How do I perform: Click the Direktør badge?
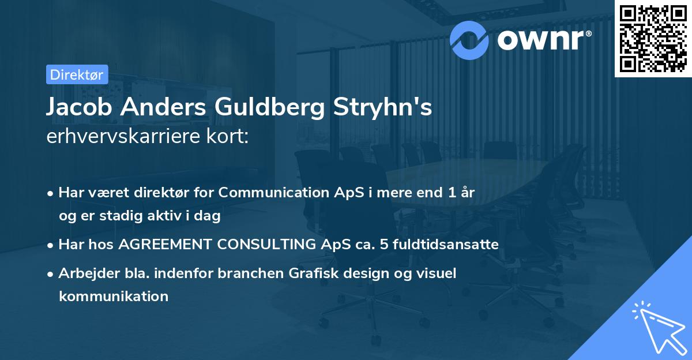click(77, 74)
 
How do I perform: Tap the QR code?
click(653, 38)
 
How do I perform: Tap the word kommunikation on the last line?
click(113, 297)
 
